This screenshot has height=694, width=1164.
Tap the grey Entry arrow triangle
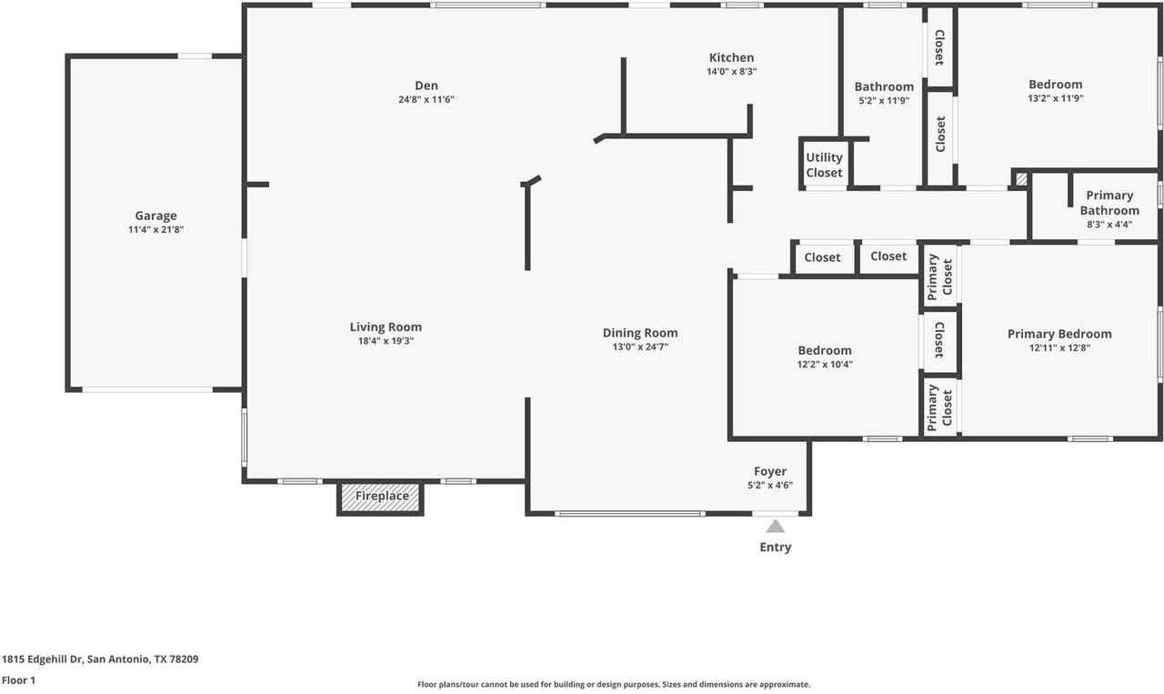coord(775,526)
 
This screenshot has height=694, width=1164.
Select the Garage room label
coord(156,216)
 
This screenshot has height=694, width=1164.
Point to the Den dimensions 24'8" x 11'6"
coord(426,100)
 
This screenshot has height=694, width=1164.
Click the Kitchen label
coord(731,58)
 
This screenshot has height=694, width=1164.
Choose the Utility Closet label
coord(824,165)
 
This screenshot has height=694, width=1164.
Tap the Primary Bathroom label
coord(1109,203)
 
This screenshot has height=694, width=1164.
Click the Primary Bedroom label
coord(1059,334)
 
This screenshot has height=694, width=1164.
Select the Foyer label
coord(769,471)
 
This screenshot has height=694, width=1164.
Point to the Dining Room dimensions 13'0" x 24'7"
coord(640,347)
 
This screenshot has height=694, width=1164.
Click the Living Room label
coord(386,327)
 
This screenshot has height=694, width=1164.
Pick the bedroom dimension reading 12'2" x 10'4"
coord(825,364)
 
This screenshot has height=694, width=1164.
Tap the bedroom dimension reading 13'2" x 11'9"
coord(1055,98)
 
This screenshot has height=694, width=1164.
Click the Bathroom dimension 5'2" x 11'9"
coord(884,101)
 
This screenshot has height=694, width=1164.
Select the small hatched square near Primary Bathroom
coord(1021,179)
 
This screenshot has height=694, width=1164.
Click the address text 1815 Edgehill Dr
coord(100,659)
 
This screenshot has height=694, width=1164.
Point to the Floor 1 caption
coord(18,679)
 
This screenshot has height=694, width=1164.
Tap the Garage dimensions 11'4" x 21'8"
coord(156,230)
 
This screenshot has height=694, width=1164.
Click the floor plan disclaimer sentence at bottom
coord(613,685)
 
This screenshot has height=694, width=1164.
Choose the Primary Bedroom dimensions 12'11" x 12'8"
coord(1059,347)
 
